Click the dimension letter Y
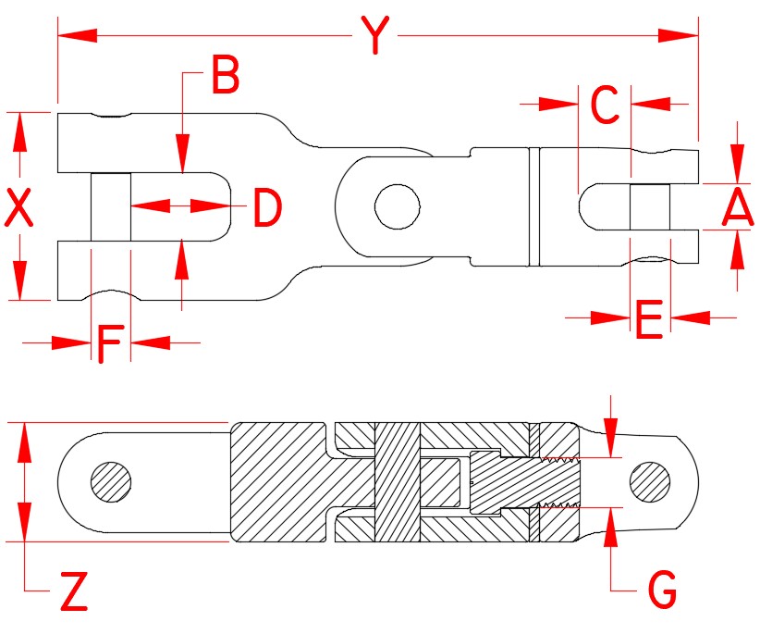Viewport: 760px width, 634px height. pyautogui.click(x=374, y=36)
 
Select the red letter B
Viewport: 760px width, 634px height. pyautogui.click(x=225, y=77)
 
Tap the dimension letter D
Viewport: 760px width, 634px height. pyautogui.click(x=267, y=208)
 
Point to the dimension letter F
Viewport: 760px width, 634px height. pyautogui.click(x=110, y=344)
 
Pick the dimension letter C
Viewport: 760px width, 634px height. pyautogui.click(x=604, y=106)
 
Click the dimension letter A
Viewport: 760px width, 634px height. pyautogui.click(x=738, y=207)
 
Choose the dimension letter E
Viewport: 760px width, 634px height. pyautogui.click(x=648, y=320)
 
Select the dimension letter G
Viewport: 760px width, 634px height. pyautogui.click(x=661, y=589)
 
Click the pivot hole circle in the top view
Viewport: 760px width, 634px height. pyautogui.click(x=397, y=205)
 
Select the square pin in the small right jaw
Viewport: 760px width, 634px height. pyautogui.click(x=648, y=207)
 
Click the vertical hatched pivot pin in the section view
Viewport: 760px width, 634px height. pyautogui.click(x=397, y=482)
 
